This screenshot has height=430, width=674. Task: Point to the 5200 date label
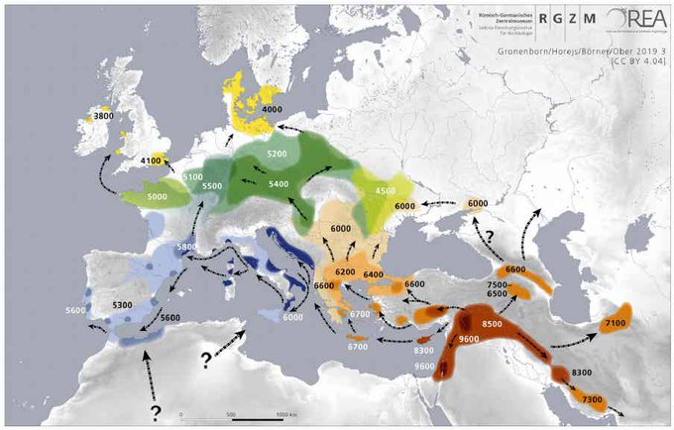(x=278, y=155)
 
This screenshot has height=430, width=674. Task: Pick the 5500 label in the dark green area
(x=212, y=186)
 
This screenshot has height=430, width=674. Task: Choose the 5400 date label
(x=280, y=184)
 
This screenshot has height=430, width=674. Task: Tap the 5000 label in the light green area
(x=158, y=197)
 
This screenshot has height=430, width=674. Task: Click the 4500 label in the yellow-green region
(x=386, y=191)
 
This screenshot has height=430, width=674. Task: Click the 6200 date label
(x=346, y=271)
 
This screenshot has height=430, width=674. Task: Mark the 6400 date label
(x=374, y=274)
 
